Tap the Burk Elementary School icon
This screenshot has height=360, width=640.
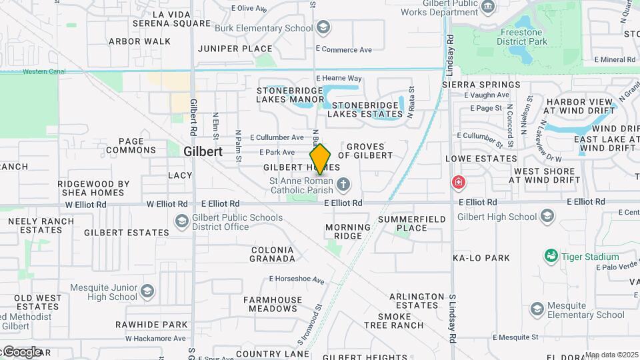click(323, 27)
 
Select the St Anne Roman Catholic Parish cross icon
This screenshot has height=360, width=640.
click(343, 185)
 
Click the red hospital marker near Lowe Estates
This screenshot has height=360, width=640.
click(458, 182)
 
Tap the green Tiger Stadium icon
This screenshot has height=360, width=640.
click(551, 256)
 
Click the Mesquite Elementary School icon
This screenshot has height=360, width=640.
click(537, 309)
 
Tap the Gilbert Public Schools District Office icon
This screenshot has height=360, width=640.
click(181, 221)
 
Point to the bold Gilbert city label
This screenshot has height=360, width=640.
click(203, 151)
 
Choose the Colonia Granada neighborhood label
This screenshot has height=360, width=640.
click(273, 254)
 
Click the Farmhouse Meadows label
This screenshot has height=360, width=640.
click(273, 304)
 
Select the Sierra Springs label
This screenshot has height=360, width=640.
click(481, 85)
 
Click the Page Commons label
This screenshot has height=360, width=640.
click(131, 145)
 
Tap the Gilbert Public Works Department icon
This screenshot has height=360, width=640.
click(489, 7)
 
